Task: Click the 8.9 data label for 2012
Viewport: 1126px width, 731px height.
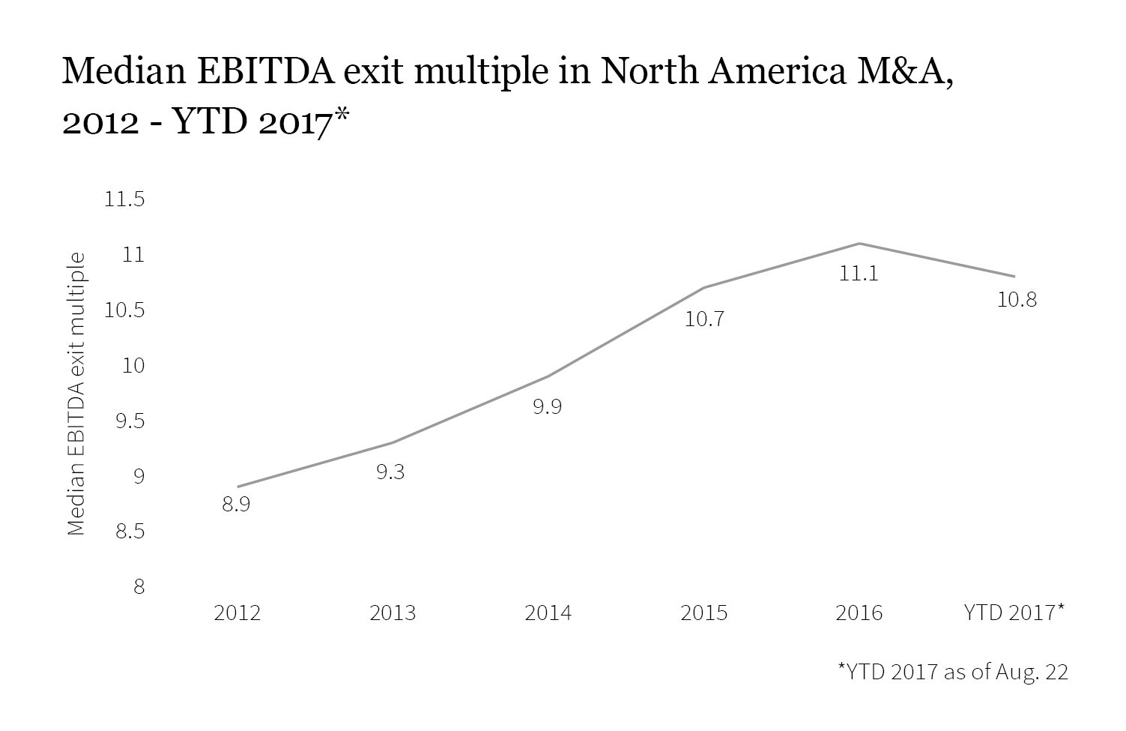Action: click(x=236, y=505)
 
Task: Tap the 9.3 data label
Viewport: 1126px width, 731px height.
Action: click(x=390, y=472)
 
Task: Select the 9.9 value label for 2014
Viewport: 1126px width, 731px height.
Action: click(x=547, y=407)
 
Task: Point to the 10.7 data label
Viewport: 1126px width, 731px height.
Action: click(x=704, y=319)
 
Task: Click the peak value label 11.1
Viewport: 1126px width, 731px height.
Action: click(x=859, y=274)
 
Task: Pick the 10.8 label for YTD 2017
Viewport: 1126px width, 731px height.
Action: click(x=1017, y=300)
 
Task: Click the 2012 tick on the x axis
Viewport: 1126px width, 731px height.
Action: click(x=237, y=613)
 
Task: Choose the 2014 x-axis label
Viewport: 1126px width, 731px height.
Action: click(x=548, y=613)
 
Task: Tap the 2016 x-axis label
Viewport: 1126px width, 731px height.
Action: click(x=859, y=613)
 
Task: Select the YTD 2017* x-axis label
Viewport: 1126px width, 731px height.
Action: click(x=1014, y=613)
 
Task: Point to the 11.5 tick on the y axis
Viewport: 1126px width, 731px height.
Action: click(x=126, y=200)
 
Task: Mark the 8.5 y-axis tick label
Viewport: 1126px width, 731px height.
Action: click(x=129, y=532)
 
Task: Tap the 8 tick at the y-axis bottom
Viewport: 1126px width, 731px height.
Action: click(x=139, y=587)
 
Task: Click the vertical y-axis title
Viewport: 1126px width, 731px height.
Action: click(x=76, y=394)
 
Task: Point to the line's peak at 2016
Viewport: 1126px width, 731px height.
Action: click(x=859, y=244)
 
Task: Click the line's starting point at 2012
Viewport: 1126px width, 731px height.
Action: click(x=237, y=487)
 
